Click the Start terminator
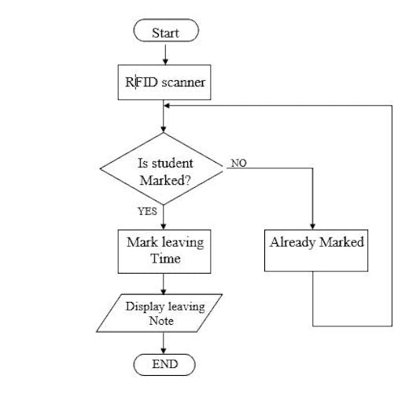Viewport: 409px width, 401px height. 165,31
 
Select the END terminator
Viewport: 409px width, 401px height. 164,364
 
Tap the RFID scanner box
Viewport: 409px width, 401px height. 164,81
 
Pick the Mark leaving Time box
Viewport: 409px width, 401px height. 164,250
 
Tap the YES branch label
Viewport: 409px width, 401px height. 147,212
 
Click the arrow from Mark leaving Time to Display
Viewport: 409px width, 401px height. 164,283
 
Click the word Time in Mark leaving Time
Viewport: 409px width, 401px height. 165,258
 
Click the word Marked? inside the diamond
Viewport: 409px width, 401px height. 164,180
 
